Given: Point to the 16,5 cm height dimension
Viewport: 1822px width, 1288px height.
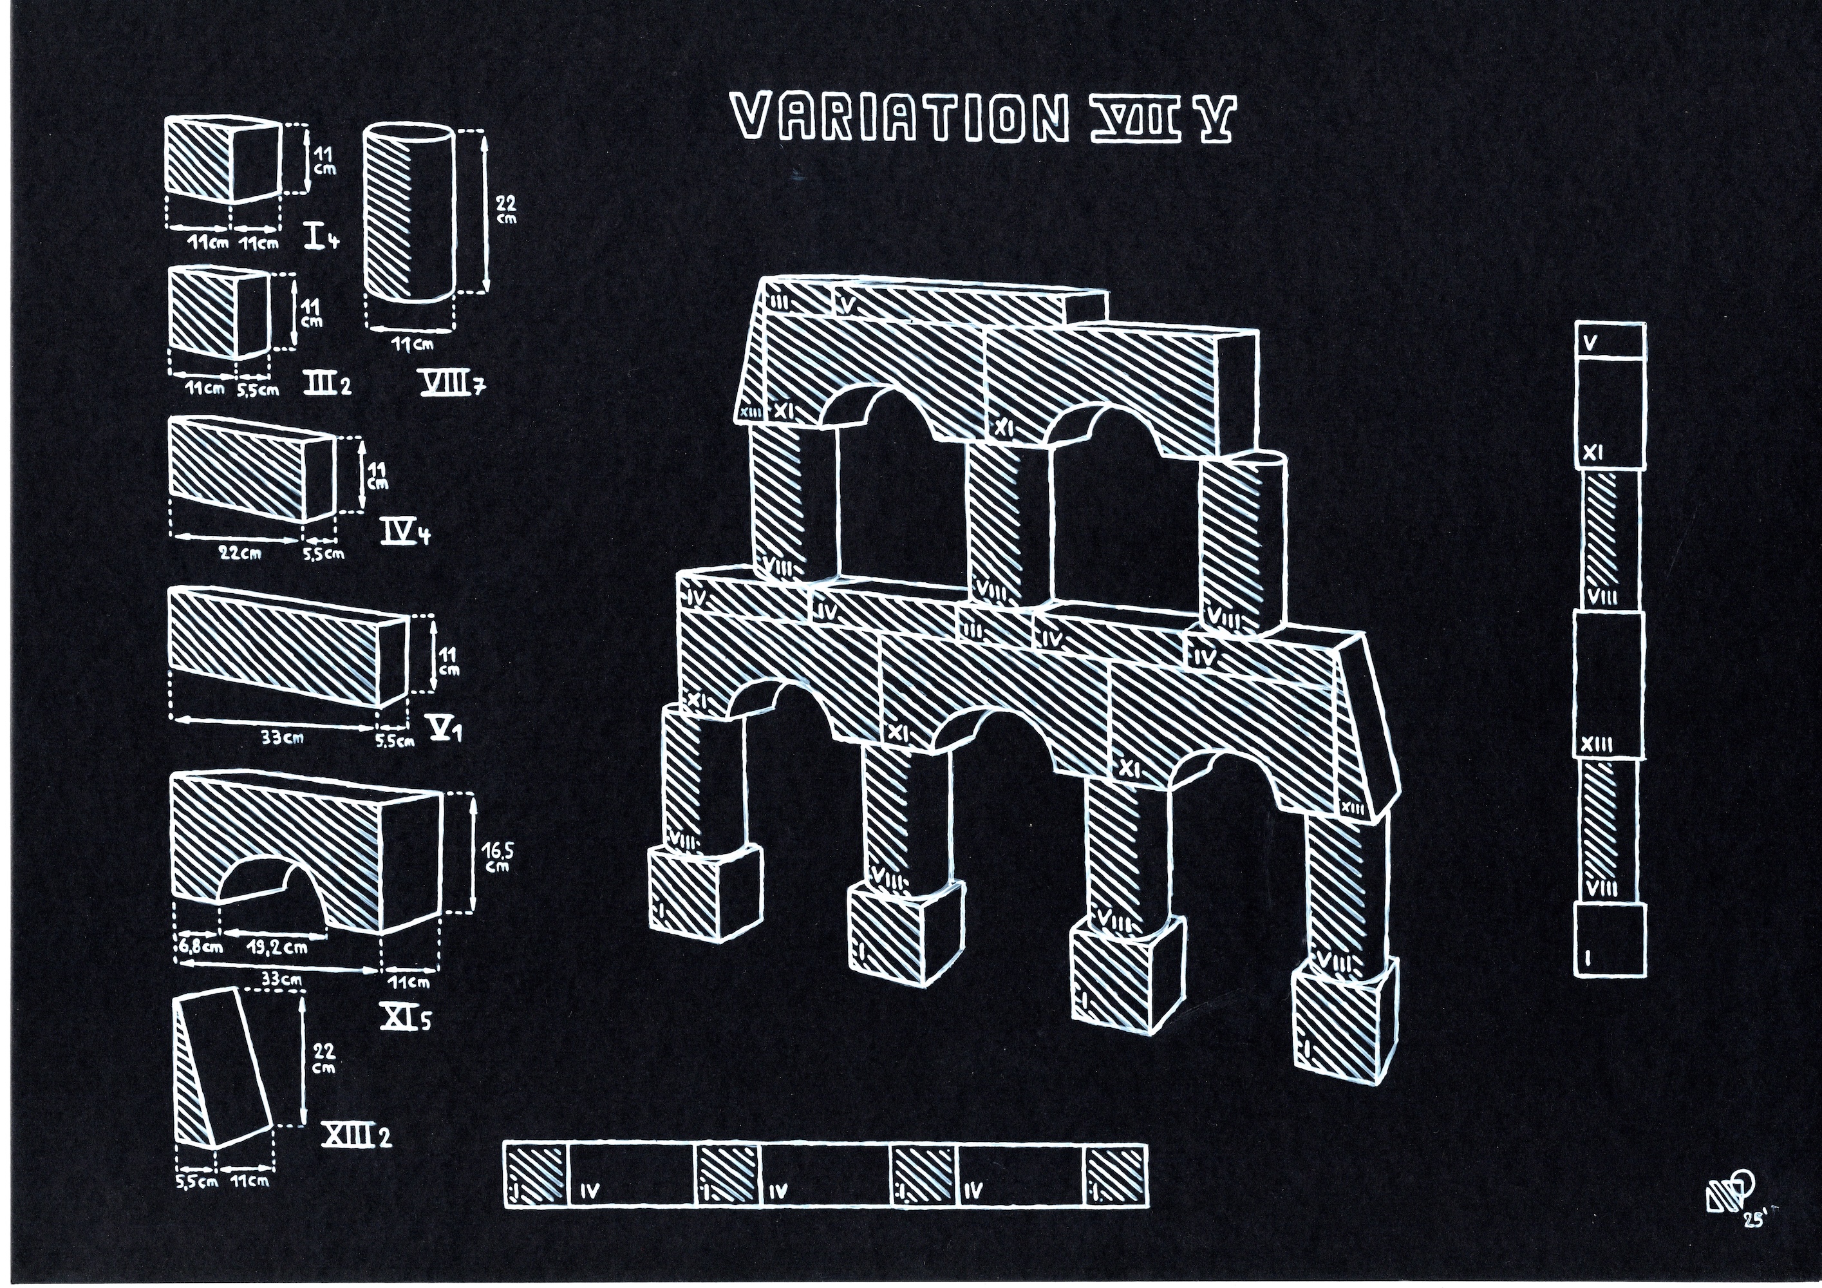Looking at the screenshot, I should [x=498, y=857].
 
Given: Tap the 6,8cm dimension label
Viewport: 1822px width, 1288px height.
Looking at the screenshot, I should [x=200, y=947].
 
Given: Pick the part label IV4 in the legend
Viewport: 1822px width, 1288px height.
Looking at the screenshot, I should [x=404, y=533].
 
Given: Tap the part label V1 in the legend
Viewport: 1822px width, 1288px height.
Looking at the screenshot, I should [x=444, y=729].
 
